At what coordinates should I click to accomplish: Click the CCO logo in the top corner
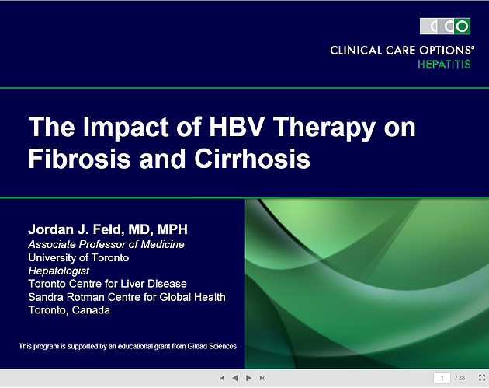click(445, 26)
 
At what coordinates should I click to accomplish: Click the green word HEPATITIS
click(444, 65)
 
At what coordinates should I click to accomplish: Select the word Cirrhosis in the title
click(252, 159)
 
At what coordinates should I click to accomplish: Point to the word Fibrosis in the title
click(79, 159)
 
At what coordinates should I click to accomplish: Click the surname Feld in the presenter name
click(107, 229)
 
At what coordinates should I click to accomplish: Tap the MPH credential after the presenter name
click(172, 229)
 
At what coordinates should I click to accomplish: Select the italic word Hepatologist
click(59, 271)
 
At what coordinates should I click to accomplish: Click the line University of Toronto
click(78, 257)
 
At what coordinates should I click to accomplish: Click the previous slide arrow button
click(235, 378)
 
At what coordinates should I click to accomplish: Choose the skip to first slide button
click(222, 378)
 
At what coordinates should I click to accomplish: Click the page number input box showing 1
click(442, 378)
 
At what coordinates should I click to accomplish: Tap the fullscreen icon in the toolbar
click(482, 378)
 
